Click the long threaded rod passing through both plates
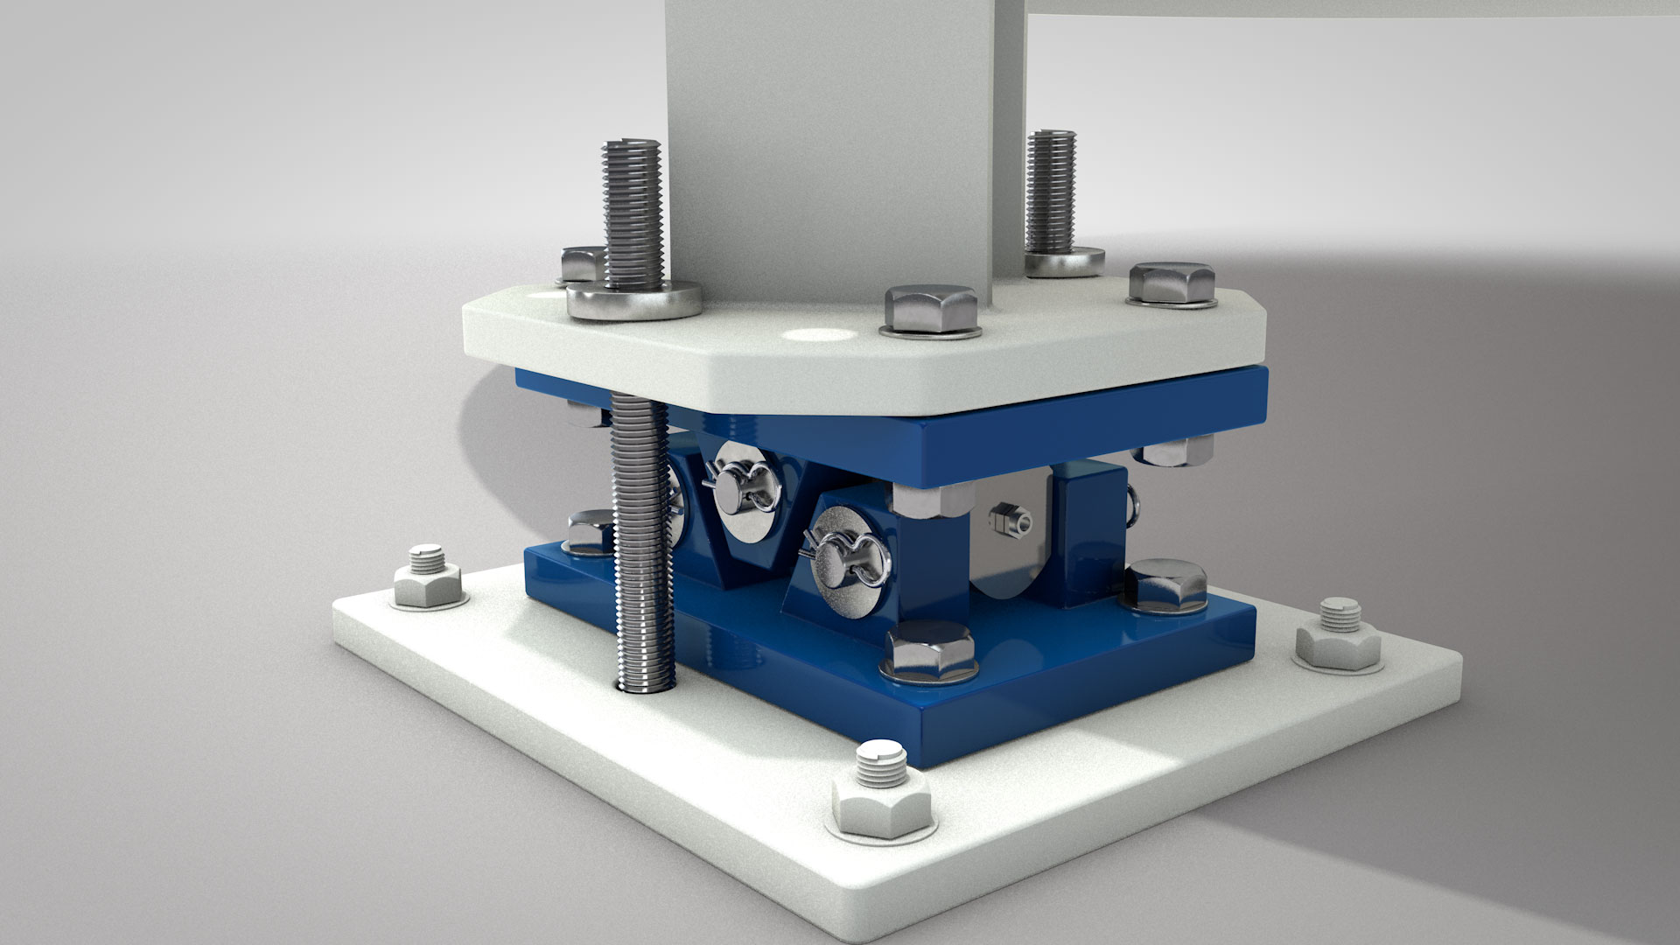point(643,542)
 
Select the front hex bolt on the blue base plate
point(930,651)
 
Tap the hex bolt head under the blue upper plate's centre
point(929,500)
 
